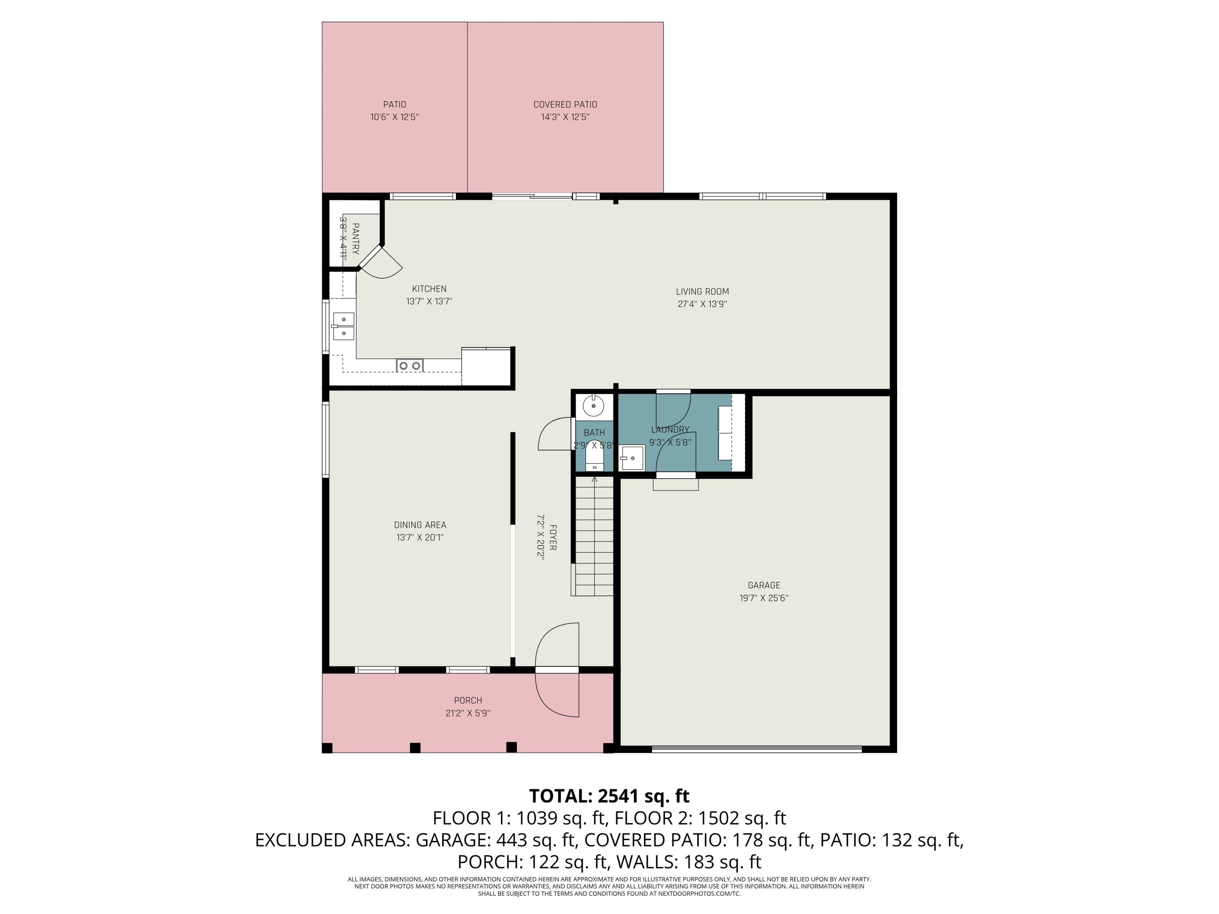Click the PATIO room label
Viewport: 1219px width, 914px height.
pyautogui.click(x=395, y=104)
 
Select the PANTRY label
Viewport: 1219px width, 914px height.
pyautogui.click(x=355, y=238)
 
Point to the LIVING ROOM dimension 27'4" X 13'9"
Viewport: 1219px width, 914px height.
pyautogui.click(x=702, y=304)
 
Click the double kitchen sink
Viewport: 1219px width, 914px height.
pyautogui.click(x=343, y=326)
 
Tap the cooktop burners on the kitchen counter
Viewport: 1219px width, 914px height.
pyautogui.click(x=410, y=365)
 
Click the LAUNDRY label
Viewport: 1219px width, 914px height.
pyautogui.click(x=670, y=430)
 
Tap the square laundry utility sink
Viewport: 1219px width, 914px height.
pyautogui.click(x=632, y=458)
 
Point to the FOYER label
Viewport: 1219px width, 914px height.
pyautogui.click(x=553, y=537)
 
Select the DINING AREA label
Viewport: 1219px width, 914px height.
pyautogui.click(x=420, y=525)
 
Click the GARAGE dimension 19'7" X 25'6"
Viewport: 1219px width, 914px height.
pyautogui.click(x=764, y=598)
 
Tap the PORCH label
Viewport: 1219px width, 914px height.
pyautogui.click(x=468, y=700)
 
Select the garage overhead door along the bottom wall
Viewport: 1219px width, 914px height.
pyautogui.click(x=756, y=749)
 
